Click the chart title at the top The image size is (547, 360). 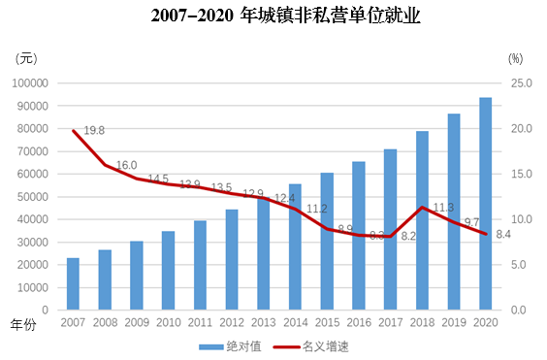coord(273,16)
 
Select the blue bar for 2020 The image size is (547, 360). coord(485,204)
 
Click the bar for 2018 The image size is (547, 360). coord(422,220)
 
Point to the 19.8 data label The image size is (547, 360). coord(94,131)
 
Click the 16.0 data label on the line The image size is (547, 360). coord(127,165)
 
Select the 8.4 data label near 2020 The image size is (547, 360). coord(504,234)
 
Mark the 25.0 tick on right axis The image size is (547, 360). coord(523,83)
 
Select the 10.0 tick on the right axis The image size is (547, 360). coord(523,219)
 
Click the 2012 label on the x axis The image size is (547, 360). coord(232,322)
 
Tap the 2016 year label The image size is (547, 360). coord(358,322)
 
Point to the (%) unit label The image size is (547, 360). coord(521,58)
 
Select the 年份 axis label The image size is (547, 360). coord(22,324)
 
